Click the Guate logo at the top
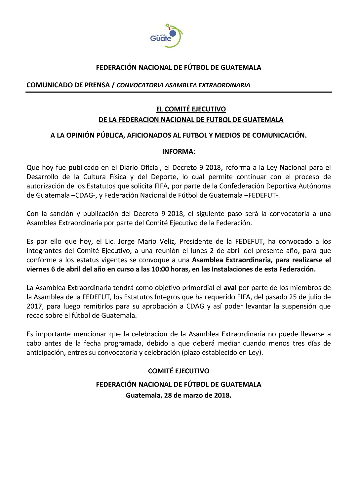(166, 36)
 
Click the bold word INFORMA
(178, 151)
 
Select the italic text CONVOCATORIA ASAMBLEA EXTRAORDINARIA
(183, 85)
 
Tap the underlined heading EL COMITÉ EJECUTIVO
(191, 109)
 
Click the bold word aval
(230, 288)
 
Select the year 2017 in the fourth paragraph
(34, 306)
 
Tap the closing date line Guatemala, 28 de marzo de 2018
(179, 395)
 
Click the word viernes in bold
(38, 269)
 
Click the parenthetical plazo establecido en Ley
(222, 353)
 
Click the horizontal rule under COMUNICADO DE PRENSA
(179, 92)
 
